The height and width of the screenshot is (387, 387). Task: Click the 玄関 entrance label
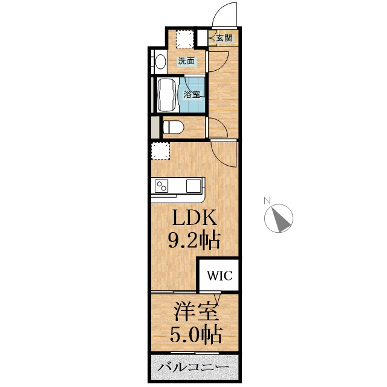pos(223,38)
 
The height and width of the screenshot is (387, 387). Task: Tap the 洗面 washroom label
pos(186,61)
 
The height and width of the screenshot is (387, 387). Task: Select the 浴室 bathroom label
pos(192,94)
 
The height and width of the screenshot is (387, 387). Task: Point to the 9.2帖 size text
pos(193,241)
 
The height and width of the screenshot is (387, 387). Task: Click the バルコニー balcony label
pos(193,368)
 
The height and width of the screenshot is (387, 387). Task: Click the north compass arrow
pos(280,218)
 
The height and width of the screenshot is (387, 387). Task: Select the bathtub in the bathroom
pos(166,96)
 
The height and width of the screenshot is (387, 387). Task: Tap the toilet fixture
pos(173,128)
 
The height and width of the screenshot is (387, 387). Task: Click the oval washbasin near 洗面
pos(160,62)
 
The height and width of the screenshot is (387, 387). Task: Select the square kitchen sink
pos(195,185)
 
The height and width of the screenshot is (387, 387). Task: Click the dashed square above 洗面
pos(185,40)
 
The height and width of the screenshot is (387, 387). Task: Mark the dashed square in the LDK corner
pos(161,150)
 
